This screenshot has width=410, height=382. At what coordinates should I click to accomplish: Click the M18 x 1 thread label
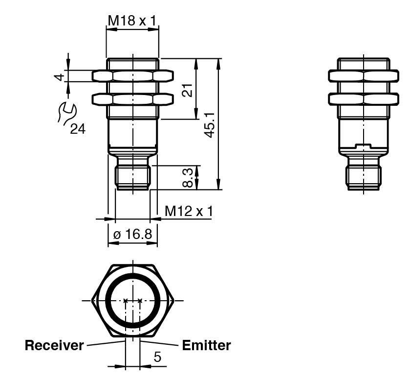pyautogui.click(x=132, y=21)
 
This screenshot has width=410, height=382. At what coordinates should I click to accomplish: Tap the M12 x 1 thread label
pyautogui.click(x=189, y=211)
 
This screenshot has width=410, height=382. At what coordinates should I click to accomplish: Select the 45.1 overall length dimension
pyautogui.click(x=210, y=125)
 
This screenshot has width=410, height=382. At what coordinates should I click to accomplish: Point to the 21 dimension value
pyautogui.click(x=188, y=90)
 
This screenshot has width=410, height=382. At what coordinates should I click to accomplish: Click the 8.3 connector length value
pyautogui.click(x=188, y=178)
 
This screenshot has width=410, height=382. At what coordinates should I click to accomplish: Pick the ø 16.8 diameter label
pyautogui.click(x=132, y=234)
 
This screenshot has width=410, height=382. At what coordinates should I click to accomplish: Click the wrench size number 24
pyautogui.click(x=78, y=129)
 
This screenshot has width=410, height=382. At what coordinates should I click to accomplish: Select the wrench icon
pyautogui.click(x=66, y=113)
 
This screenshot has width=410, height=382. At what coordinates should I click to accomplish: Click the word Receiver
pyautogui.click(x=54, y=345)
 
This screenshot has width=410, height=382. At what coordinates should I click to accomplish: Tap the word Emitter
pyautogui.click(x=206, y=345)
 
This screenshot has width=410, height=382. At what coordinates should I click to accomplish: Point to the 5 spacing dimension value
pyautogui.click(x=157, y=357)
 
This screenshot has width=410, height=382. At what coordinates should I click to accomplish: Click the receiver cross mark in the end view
pyautogui.click(x=126, y=300)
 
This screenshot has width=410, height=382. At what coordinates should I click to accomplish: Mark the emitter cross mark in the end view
pyautogui.click(x=140, y=300)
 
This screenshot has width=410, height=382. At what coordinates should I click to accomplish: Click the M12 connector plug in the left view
pyautogui.click(x=133, y=177)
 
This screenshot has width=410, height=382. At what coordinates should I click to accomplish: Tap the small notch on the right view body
pyautogui.click(x=363, y=145)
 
